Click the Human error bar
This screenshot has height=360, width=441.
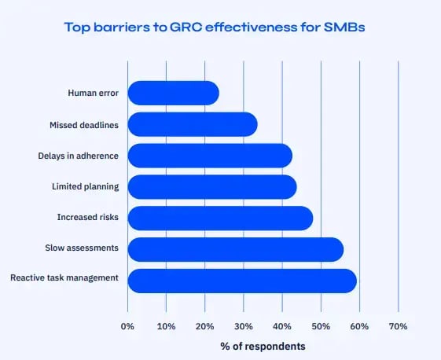coord(173,93)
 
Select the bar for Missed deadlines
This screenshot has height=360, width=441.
coord(193,124)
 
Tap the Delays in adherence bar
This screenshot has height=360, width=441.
coord(210,156)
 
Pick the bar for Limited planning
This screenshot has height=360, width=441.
coord(212,186)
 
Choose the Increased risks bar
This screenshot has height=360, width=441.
coord(220,218)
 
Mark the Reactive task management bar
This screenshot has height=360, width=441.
coord(242,281)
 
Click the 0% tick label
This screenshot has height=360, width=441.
coord(127,326)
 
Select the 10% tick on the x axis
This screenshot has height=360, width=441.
coord(166,326)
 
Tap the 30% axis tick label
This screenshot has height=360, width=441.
coord(243,326)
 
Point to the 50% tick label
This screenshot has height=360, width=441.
coord(321,326)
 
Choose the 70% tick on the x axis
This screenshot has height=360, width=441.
coord(398,326)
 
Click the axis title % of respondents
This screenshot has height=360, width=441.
coord(263,346)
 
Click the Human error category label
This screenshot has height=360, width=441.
coord(94,93)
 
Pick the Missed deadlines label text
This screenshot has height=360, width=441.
coord(84,124)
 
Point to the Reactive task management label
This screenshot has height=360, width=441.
coord(64,277)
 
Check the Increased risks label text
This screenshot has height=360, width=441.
coord(87,218)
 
